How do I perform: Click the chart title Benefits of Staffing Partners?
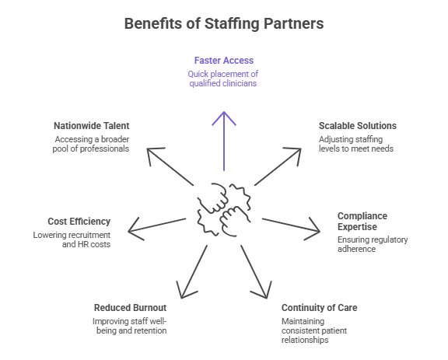pyautogui.click(x=224, y=23)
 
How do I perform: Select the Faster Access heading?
pyautogui.click(x=224, y=61)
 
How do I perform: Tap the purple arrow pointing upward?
pyautogui.click(x=224, y=142)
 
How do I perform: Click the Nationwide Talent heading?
pyautogui.click(x=92, y=126)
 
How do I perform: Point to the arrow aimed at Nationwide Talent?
pyautogui.click(x=170, y=166)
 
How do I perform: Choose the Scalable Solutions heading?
pyautogui.click(x=358, y=126)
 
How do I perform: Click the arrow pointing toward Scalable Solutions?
pyautogui.click(x=278, y=166)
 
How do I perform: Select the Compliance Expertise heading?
pyautogui.click(x=362, y=221)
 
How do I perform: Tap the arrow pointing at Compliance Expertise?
pyautogui.click(x=291, y=225)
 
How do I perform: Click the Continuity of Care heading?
pyautogui.click(x=319, y=308)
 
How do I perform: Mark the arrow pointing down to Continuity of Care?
pyautogui.click(x=255, y=272)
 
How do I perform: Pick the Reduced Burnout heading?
pyautogui.click(x=131, y=308)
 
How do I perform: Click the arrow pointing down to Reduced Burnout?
pyautogui.click(x=192, y=272)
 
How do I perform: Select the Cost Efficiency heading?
pyautogui.click(x=79, y=222)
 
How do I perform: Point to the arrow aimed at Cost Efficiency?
pyautogui.click(x=157, y=225)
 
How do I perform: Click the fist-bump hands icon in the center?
pyautogui.click(x=224, y=210)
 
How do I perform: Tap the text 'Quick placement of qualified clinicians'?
pyautogui.click(x=223, y=79)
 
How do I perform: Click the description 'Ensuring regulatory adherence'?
pyautogui.click(x=373, y=244)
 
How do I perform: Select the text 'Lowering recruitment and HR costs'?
pyautogui.click(x=72, y=239)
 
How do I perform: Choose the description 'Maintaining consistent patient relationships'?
pyautogui.click(x=314, y=330)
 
